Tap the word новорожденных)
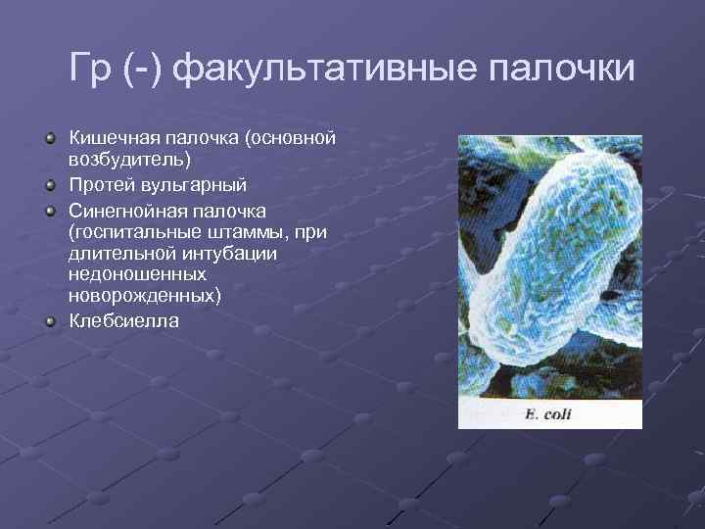pyautogui.click(x=145, y=296)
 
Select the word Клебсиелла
pyautogui.click(x=124, y=321)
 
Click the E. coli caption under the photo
pyautogui.click(x=548, y=413)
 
